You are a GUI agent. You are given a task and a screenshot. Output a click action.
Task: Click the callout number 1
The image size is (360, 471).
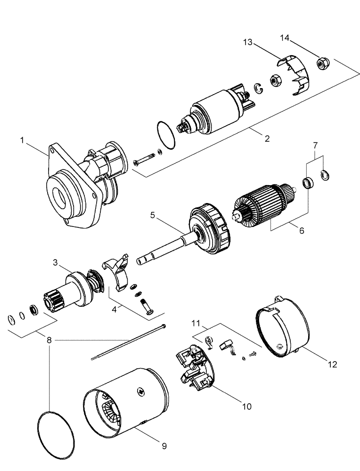point(22,140)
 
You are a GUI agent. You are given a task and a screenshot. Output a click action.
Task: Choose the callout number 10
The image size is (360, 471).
point(246,406)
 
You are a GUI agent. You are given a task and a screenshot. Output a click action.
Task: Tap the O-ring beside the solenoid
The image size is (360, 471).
point(165,134)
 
